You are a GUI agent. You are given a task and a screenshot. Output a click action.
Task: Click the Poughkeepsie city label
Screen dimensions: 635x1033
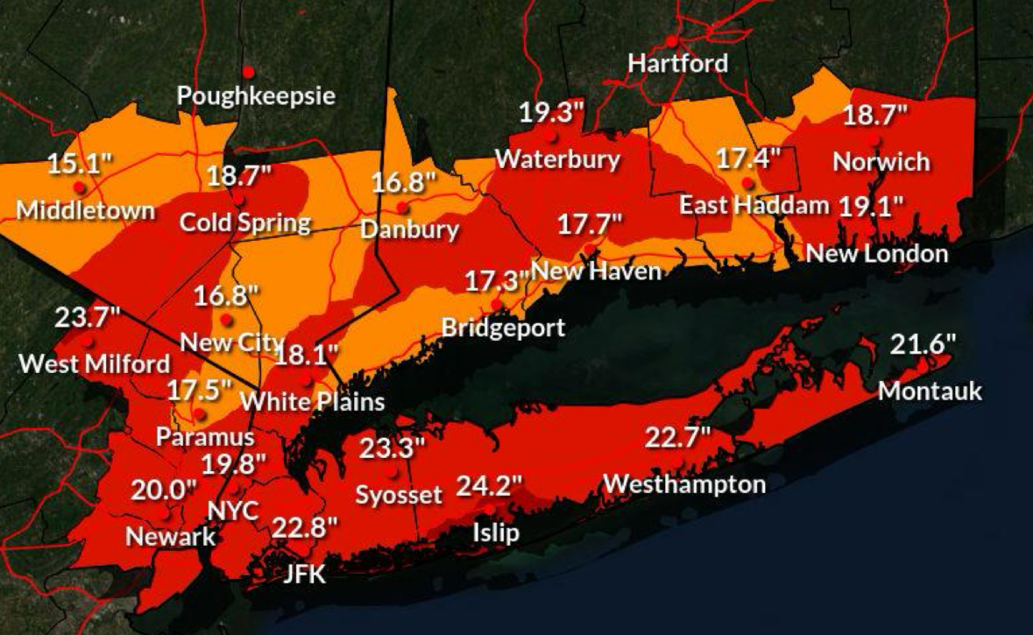(256, 95)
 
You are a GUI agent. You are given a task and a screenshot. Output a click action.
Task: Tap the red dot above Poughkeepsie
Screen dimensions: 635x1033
(249, 71)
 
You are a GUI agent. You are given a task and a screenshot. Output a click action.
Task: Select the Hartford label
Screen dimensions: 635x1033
(678, 63)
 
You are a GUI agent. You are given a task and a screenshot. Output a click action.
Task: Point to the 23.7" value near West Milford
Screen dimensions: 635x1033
(87, 317)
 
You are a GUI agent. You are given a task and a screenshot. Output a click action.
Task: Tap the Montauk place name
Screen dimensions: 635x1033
(930, 391)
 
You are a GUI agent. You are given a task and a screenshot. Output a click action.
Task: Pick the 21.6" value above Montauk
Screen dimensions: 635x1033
(922, 344)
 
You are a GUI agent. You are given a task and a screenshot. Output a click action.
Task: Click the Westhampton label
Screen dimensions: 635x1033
(684, 483)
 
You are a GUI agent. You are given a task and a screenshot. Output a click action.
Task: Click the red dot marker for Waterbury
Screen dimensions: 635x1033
(552, 137)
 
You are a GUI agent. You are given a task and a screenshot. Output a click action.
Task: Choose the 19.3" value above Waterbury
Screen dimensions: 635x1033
(551, 113)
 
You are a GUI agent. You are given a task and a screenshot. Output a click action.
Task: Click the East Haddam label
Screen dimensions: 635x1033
(754, 206)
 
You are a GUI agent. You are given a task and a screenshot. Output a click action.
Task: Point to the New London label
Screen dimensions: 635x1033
(877, 254)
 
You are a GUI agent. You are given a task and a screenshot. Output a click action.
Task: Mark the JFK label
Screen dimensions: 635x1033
(304, 575)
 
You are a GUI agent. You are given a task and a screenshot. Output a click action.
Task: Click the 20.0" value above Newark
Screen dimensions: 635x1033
(164, 490)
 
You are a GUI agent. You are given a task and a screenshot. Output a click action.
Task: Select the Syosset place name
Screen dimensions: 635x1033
(399, 495)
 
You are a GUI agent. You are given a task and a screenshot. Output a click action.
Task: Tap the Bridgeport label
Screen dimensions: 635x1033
(503, 328)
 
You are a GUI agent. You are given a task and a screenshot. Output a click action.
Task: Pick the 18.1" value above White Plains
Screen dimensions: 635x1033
(307, 356)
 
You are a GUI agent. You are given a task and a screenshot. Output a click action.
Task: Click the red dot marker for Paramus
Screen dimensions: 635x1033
(201, 414)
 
